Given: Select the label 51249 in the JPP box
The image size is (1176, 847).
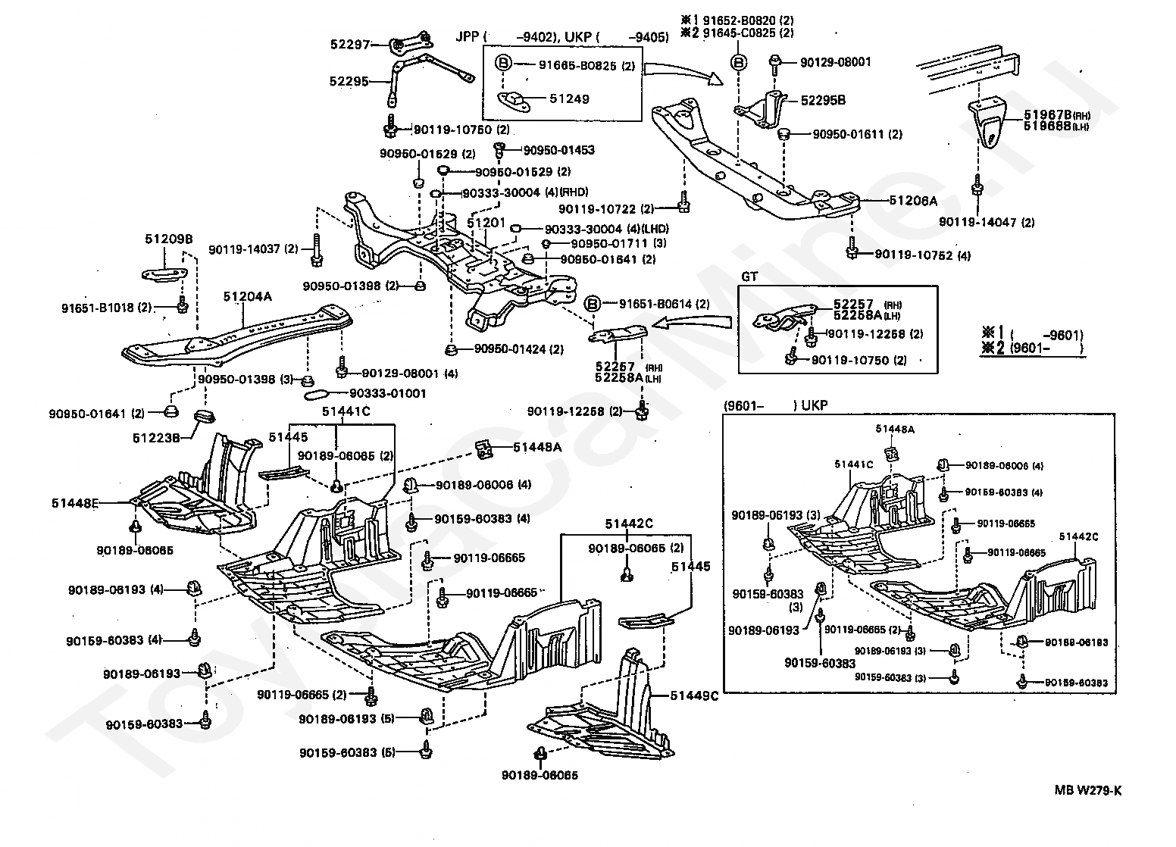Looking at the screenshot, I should (x=569, y=98).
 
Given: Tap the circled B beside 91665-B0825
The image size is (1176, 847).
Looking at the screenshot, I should (x=503, y=64).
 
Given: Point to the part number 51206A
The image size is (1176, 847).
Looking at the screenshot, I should (x=913, y=201).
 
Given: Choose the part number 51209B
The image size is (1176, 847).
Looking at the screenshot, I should (x=169, y=239).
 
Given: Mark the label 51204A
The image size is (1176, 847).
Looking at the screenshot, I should (x=247, y=296).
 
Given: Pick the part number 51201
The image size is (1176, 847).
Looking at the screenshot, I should (x=486, y=223).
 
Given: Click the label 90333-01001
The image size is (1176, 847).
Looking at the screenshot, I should (x=387, y=393).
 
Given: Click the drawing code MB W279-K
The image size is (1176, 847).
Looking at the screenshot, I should (x=1088, y=791).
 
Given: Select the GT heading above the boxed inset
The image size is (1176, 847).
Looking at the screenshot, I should (x=749, y=277).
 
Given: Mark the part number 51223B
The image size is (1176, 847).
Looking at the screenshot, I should (x=157, y=437).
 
